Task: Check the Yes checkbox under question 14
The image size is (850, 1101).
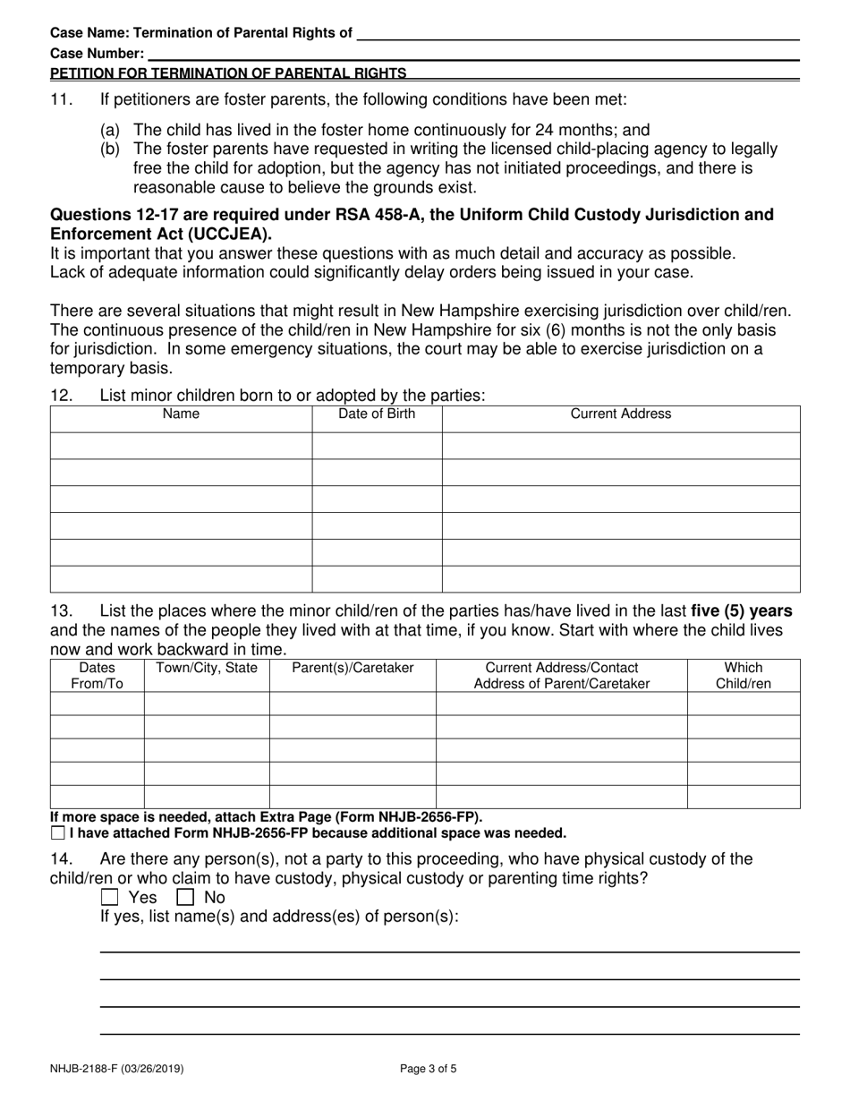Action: coord(109,897)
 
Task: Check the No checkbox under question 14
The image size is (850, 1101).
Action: coord(185,897)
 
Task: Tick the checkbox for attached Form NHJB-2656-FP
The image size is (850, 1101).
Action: coord(58,833)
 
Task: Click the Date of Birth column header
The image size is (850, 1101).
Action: coord(377,414)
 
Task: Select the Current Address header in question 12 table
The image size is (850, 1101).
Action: coord(621,414)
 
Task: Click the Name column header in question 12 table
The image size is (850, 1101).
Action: coord(181,414)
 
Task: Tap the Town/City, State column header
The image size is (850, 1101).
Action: coord(207,668)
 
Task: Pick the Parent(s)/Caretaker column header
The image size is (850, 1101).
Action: coord(353,668)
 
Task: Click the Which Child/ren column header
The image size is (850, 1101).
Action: coord(743,676)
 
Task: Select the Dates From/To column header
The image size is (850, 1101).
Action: coord(97,676)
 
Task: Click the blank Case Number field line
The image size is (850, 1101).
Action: coord(474,54)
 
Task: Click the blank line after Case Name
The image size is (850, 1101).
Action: coord(577,33)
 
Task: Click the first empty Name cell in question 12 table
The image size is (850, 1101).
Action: coord(181,446)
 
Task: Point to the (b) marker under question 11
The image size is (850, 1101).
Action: coord(110,149)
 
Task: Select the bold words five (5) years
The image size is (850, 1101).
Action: coord(742,611)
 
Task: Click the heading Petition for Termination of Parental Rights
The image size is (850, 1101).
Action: coord(228,73)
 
